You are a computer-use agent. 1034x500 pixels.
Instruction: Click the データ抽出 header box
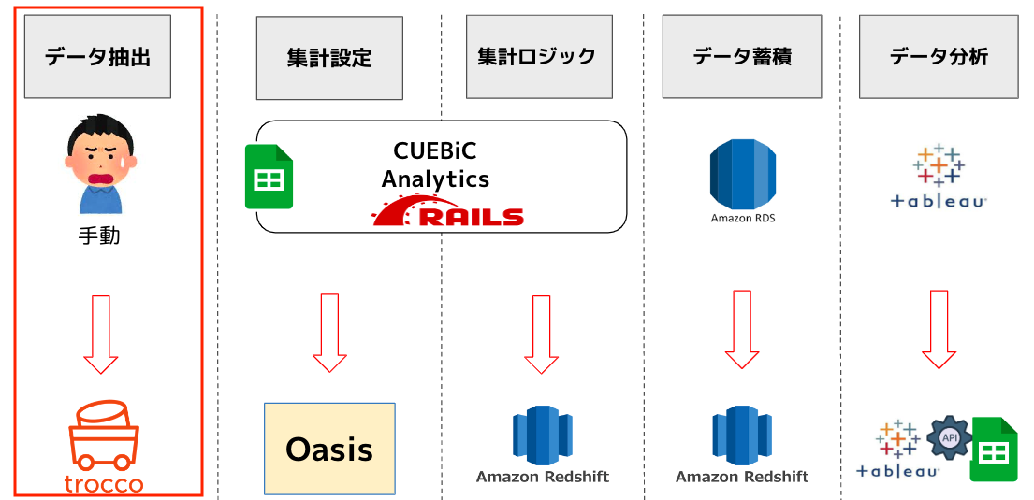[x=97, y=57]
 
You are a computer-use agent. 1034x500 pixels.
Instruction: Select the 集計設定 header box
[x=329, y=58]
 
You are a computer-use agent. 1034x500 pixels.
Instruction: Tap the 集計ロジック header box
[x=536, y=56]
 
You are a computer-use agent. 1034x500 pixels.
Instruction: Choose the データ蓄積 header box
[x=742, y=56]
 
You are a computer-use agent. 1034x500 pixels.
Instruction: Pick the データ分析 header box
[x=939, y=56]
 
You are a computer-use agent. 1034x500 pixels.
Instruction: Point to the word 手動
[x=99, y=236]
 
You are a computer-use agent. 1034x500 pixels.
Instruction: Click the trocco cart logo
[x=104, y=448]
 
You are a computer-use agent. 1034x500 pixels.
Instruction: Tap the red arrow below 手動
[x=101, y=335]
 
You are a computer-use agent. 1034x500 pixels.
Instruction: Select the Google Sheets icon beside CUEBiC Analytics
[x=269, y=177]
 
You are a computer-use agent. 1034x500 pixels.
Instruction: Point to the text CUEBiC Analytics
[x=435, y=164]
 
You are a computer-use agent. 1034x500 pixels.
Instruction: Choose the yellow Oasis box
[x=329, y=449]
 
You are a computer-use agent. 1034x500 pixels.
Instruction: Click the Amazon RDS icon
[x=743, y=174]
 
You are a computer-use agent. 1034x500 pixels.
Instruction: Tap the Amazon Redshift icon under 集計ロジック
[x=542, y=436]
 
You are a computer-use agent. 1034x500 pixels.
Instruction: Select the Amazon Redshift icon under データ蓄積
[x=742, y=436]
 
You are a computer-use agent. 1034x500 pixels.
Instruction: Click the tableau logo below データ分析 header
[x=939, y=176]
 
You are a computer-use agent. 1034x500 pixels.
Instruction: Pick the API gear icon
[x=950, y=437]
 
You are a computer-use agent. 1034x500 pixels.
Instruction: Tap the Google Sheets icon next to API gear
[x=994, y=450]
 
